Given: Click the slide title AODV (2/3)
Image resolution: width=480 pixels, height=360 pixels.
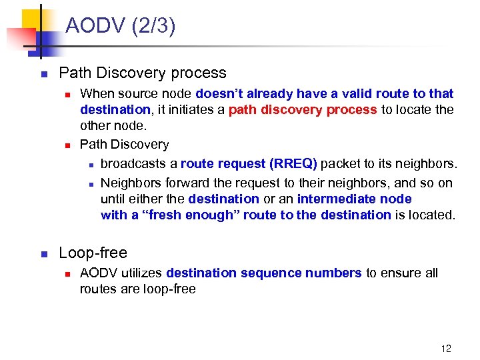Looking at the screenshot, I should pos(121,27).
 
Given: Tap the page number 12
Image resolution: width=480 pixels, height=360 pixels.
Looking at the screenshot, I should pos(446,348).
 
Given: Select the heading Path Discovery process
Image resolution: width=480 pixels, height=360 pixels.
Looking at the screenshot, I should pos(143,73).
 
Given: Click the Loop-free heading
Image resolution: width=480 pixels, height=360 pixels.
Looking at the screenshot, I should pos(93,253).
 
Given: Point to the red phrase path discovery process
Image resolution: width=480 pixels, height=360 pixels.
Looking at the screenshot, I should pos(303,109).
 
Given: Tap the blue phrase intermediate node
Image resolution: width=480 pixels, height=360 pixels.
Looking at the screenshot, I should pos(354,199).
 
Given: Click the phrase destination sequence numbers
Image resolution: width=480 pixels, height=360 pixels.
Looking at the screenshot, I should pos(264,273).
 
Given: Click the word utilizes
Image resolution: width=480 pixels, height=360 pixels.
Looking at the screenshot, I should pos(142,273).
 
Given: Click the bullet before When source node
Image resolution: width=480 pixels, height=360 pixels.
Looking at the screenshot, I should pos(67,94).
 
